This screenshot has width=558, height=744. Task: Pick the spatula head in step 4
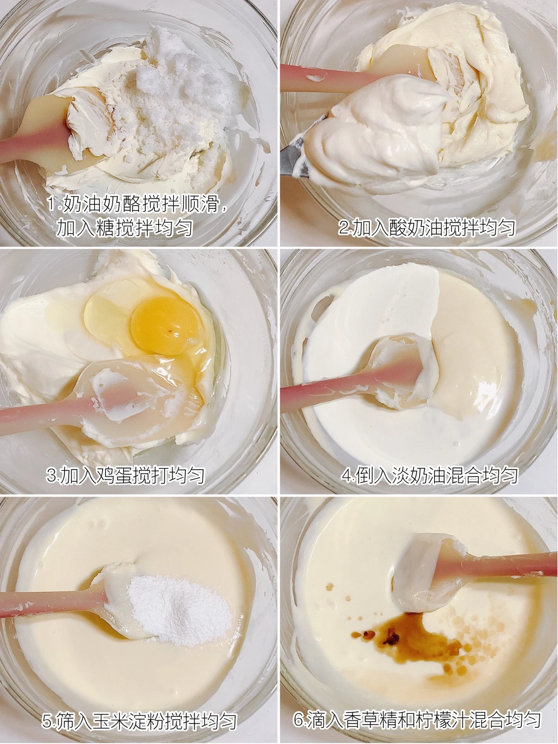[399, 371]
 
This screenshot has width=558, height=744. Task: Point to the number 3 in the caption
[52, 476]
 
